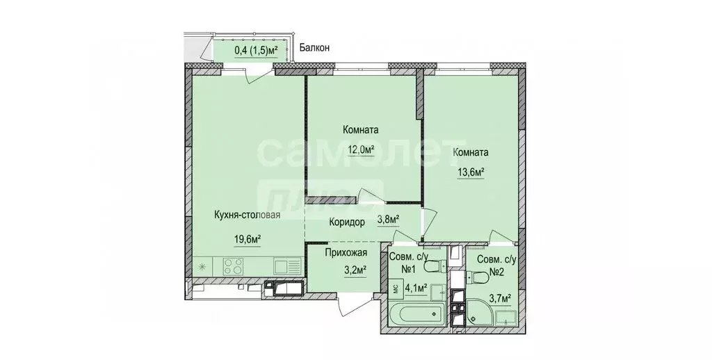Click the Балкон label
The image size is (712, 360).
314,48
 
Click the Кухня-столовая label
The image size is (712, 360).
248,215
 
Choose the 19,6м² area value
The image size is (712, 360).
248,239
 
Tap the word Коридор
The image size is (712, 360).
346,222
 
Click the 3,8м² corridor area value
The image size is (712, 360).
387,220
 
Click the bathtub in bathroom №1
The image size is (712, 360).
414,316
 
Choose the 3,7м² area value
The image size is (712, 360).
499,298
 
